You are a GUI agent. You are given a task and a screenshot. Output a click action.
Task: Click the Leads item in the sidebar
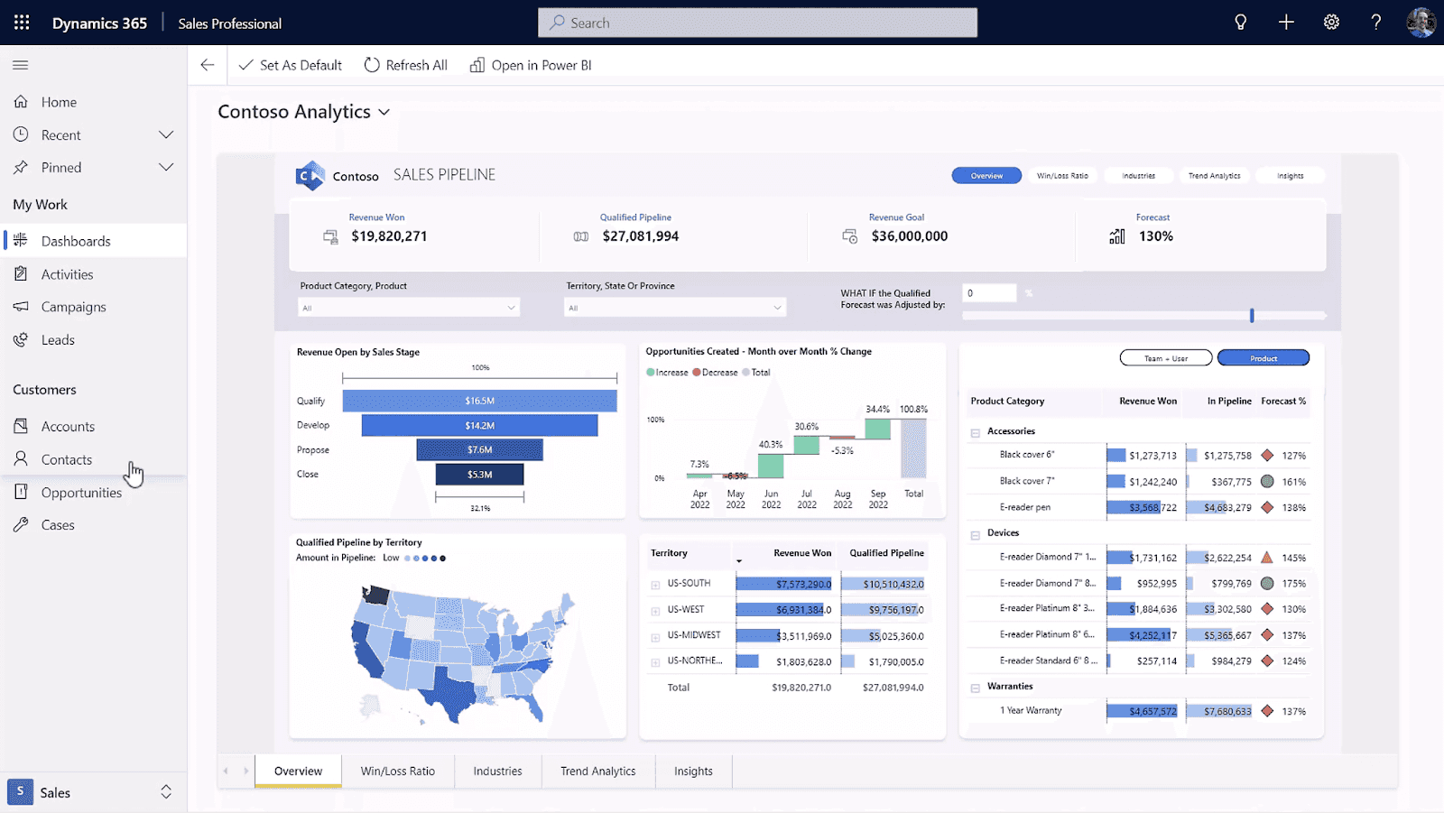point(58,340)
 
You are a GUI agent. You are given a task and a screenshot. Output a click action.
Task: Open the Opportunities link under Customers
point(81,493)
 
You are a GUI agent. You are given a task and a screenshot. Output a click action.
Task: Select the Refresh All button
point(406,65)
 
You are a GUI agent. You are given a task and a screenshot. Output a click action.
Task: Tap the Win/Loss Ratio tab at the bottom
point(398,771)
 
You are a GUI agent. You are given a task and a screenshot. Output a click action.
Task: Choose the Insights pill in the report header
point(1290,176)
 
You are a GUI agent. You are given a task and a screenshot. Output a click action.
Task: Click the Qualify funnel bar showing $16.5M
point(479,401)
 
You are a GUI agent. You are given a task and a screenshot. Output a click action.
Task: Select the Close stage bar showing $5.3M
point(479,474)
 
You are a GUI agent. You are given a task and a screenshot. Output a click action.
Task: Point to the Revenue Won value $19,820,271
point(389,236)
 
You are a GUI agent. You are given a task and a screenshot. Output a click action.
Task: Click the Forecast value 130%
point(1155,236)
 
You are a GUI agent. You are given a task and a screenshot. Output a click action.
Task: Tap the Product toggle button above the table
point(1263,358)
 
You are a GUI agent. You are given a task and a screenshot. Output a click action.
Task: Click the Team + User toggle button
point(1165,358)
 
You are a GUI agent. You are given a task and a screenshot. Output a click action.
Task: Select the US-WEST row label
point(686,610)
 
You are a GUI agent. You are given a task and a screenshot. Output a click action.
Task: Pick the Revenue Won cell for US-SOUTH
point(784,584)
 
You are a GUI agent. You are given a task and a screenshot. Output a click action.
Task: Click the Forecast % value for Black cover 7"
point(1293,482)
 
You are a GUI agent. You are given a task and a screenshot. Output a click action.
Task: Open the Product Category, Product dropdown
point(409,308)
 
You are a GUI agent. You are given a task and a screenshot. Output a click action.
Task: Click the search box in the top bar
point(757,23)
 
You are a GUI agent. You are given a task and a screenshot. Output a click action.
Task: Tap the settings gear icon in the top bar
point(1331,23)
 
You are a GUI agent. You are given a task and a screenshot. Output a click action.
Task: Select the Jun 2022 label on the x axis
point(771,499)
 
